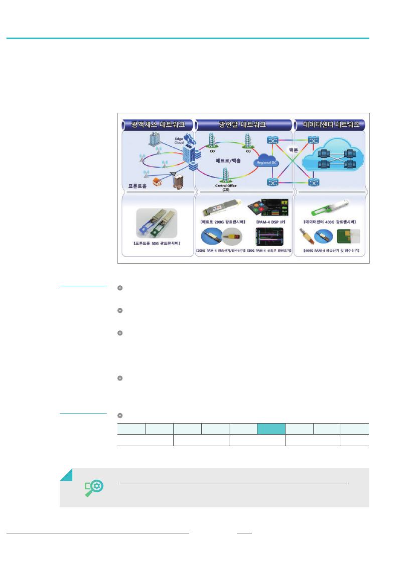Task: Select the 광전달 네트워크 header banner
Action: pyautogui.click(x=243, y=124)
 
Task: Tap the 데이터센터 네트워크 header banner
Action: pyautogui.click(x=330, y=124)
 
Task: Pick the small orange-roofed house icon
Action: pyautogui.click(x=156, y=181)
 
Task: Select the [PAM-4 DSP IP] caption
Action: pyautogui.click(x=270, y=221)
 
